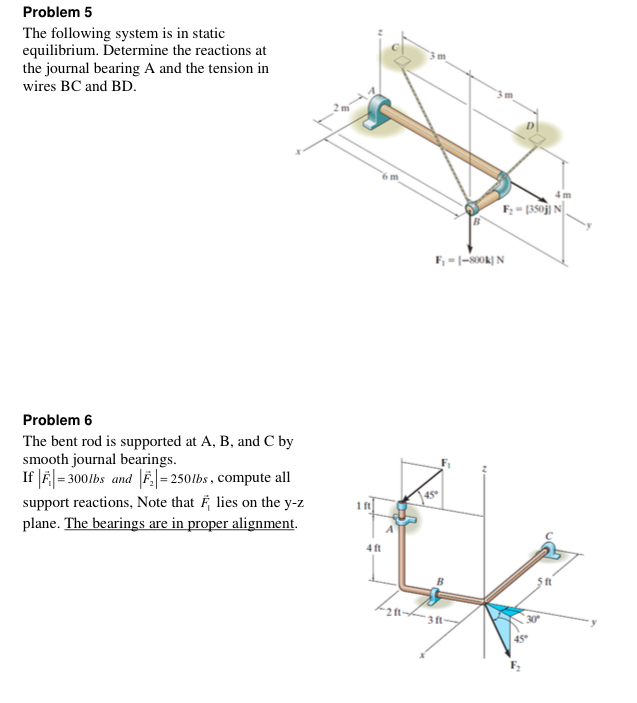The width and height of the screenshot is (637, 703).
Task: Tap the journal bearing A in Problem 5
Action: [378, 108]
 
